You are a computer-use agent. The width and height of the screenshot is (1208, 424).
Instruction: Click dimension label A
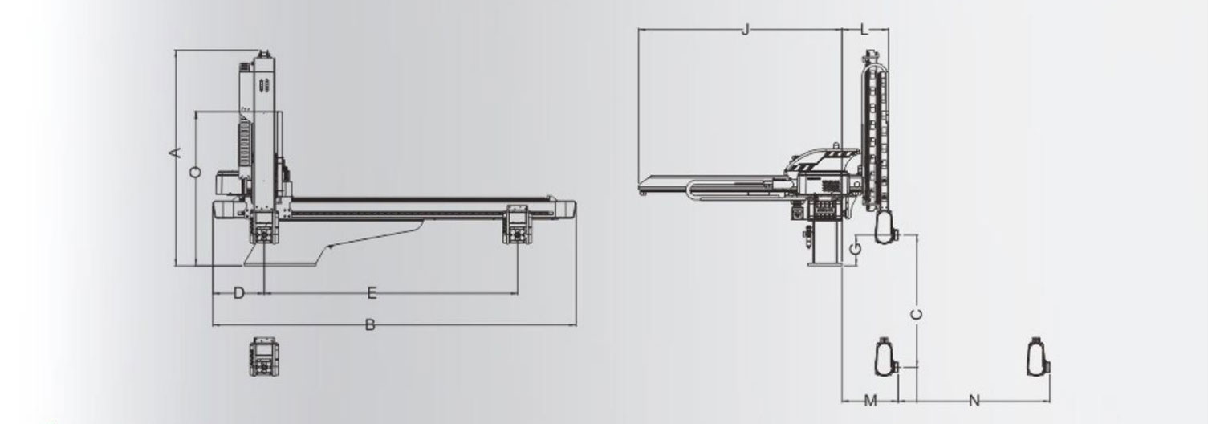click(x=175, y=153)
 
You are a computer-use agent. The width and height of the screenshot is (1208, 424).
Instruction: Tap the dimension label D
click(x=239, y=293)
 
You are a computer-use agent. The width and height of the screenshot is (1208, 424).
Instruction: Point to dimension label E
click(x=372, y=293)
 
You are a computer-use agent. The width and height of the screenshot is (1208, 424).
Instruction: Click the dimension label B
click(x=370, y=324)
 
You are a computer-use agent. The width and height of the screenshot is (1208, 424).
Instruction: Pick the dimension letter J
click(x=746, y=29)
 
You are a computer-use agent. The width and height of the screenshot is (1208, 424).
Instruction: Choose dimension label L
click(x=864, y=29)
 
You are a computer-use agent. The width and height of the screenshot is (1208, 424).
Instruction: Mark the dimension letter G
click(x=856, y=249)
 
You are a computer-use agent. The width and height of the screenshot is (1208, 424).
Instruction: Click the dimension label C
click(x=917, y=314)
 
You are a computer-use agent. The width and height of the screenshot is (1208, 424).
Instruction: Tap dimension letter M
click(x=870, y=401)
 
